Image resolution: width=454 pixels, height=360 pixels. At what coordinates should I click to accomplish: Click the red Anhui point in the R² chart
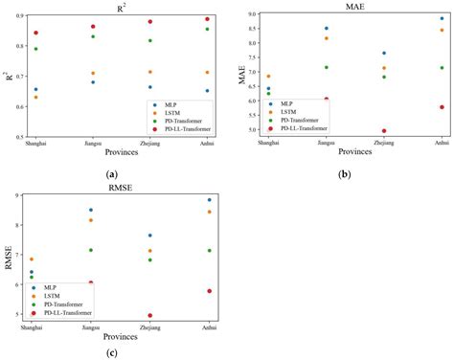coord(207,19)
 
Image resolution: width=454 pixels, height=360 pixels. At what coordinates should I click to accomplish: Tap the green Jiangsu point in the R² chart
coord(93,36)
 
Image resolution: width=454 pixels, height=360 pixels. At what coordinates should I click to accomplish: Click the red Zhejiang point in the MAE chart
coord(384,131)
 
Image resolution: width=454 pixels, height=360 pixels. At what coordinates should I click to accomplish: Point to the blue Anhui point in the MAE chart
coord(442,18)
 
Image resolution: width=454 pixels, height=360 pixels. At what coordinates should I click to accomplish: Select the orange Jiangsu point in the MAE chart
coord(326,38)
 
